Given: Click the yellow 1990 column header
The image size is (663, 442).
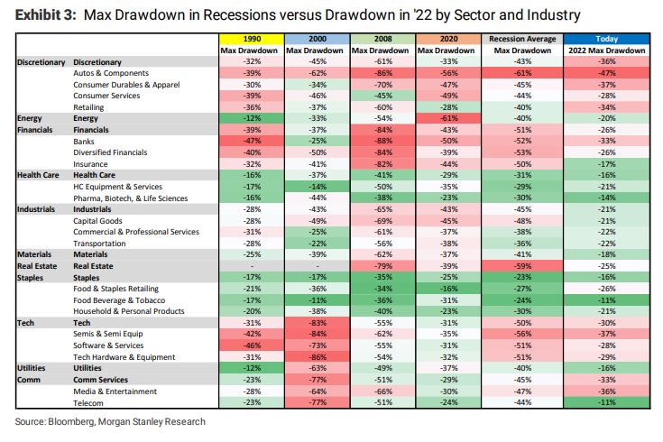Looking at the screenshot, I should click(250, 40).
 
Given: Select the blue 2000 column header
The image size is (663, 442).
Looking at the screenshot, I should click(317, 40).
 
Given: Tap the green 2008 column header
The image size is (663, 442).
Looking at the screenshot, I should click(382, 40).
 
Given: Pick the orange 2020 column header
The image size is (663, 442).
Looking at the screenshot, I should click(449, 40).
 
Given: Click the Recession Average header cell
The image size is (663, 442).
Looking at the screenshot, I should click(522, 40).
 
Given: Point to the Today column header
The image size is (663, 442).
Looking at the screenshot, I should click(605, 40).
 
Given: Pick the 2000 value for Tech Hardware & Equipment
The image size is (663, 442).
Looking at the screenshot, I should click(317, 356).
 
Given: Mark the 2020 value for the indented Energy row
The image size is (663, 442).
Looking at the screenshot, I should click(449, 117).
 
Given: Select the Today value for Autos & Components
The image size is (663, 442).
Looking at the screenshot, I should click(605, 71).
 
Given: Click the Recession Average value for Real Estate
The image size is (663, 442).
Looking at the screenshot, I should click(522, 265).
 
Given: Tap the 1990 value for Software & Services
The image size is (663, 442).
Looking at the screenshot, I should click(250, 345).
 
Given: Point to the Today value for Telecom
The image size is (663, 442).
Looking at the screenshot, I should click(605, 402).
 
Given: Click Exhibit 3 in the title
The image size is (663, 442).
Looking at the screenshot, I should click(49, 15).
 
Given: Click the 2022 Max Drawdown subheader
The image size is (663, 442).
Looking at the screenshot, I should click(605, 51).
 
